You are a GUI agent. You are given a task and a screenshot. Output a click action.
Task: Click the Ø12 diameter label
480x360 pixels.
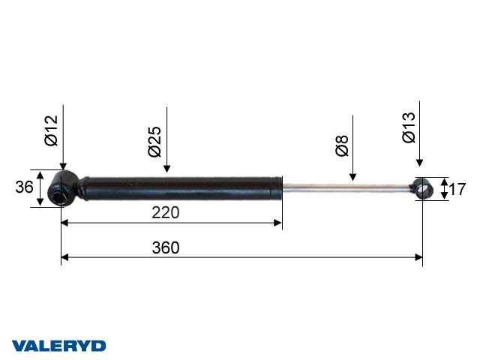[51, 130]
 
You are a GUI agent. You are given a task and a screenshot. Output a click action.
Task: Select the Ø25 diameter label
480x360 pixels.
[154, 142]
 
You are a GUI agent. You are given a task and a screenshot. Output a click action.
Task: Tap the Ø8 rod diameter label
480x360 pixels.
[342, 145]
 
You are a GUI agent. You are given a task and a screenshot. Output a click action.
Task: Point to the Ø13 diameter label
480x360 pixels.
[409, 127]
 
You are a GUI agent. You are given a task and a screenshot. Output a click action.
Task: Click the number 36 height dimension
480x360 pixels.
[24, 187]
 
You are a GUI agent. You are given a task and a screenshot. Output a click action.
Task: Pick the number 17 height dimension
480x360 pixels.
[457, 189]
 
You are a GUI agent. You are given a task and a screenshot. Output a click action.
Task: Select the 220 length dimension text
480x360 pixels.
[165, 212]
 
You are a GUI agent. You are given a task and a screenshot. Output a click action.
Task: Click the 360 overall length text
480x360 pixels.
[166, 247]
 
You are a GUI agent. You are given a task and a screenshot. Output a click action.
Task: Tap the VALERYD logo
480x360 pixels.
[58, 346]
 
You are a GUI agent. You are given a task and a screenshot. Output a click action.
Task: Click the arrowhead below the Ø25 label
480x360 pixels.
[166, 169]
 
